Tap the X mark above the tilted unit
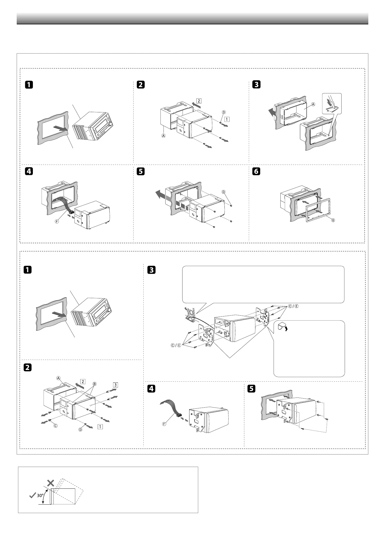click(x=50, y=483)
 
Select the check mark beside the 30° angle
click(x=32, y=496)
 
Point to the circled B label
click(x=94, y=384)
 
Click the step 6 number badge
click(x=256, y=171)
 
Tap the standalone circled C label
click(x=56, y=426)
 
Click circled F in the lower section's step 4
click(x=164, y=424)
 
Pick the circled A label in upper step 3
click(x=313, y=104)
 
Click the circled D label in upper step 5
click(x=223, y=192)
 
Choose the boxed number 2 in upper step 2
click(x=199, y=101)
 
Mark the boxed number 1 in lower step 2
click(x=100, y=427)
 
